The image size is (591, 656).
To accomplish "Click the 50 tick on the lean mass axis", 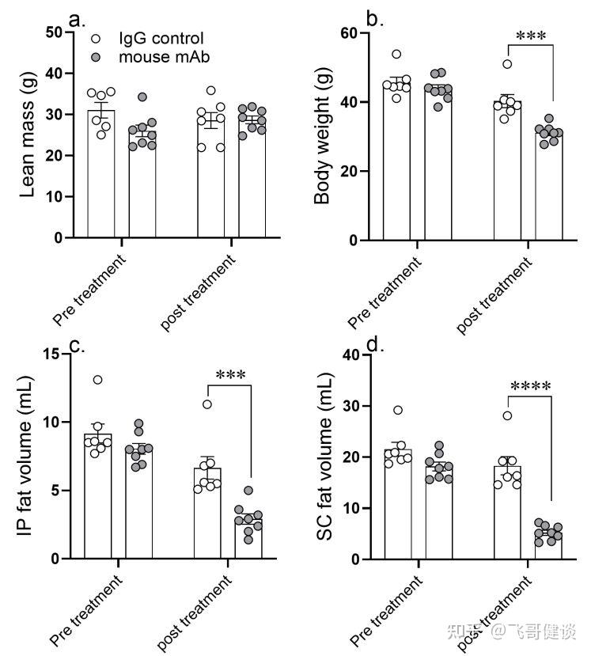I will (x=55, y=32).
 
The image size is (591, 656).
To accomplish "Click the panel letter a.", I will (x=77, y=19).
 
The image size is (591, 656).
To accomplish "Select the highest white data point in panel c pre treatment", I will (x=97, y=380).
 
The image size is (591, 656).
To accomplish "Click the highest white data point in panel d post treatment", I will (x=508, y=415).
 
